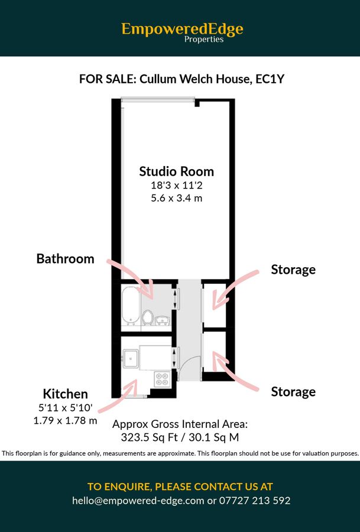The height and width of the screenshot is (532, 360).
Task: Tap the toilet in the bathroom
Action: tap(148, 318)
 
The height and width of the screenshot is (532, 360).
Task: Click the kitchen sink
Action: tap(131, 356)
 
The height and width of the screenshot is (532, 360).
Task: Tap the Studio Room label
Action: tap(176, 171)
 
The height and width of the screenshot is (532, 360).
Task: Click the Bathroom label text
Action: tap(65, 258)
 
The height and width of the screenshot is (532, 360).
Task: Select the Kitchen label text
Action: tap(65, 394)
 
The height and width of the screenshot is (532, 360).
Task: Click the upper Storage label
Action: tap(293, 270)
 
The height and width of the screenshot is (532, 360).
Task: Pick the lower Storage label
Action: tap(293, 391)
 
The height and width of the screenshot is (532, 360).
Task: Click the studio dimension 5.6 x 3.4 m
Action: tap(176, 198)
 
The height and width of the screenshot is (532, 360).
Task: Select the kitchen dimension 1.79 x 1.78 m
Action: tap(66, 420)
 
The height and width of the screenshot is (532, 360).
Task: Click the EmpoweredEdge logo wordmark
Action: tap(182, 28)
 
